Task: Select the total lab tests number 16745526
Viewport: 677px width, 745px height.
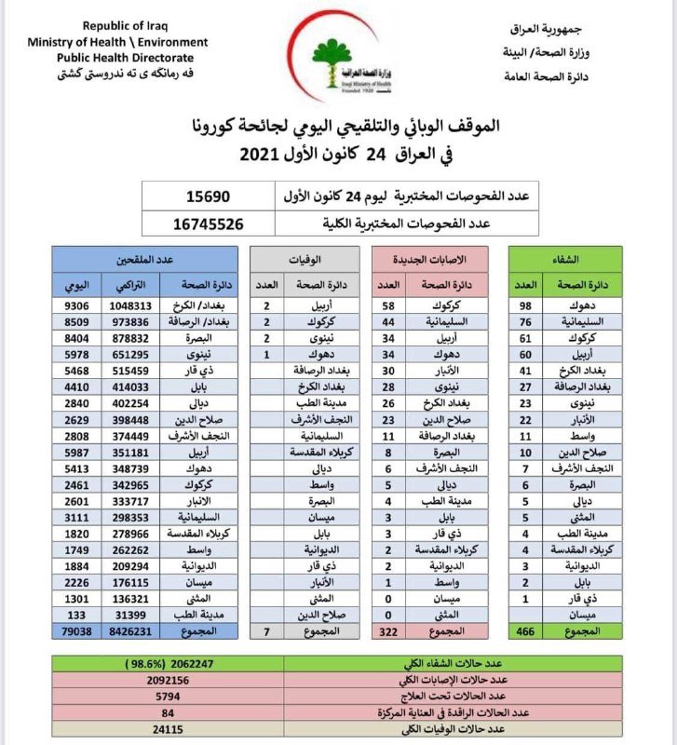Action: pyautogui.click(x=210, y=223)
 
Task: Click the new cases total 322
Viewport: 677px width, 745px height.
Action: pyautogui.click(x=387, y=631)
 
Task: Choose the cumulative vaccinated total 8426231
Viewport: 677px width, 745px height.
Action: pyautogui.click(x=129, y=631)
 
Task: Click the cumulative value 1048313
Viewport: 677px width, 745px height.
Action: pyautogui.click(x=129, y=305)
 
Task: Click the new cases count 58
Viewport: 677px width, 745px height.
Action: pyautogui.click(x=387, y=305)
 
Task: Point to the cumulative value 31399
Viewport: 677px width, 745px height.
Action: pyautogui.click(x=129, y=615)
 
